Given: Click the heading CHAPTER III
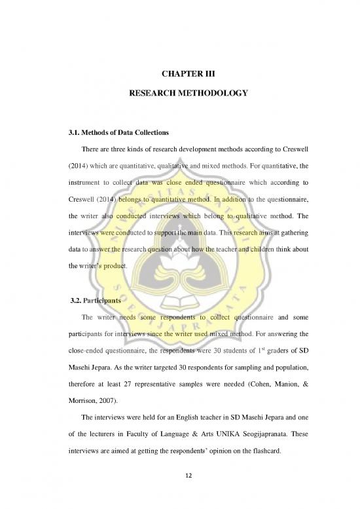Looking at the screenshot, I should pos(179,73).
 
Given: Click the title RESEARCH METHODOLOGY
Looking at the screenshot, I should pos(179,94).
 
